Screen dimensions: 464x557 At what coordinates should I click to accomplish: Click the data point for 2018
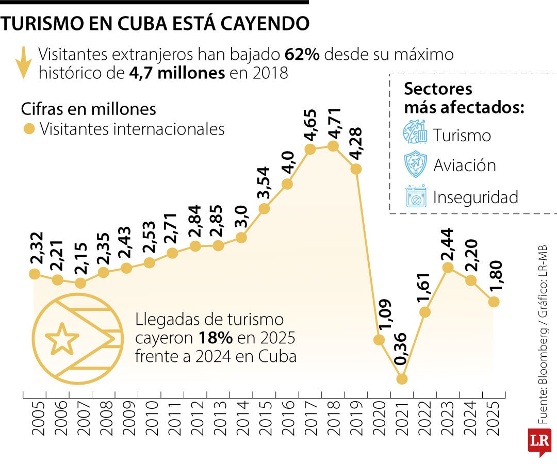point(333,146)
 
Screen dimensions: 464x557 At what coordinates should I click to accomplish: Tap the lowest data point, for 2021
point(402,378)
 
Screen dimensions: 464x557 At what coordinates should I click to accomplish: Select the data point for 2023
point(448,268)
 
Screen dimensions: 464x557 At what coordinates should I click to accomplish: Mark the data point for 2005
point(35,274)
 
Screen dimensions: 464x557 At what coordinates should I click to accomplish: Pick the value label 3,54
point(264,183)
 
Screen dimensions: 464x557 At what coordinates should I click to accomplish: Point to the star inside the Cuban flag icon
point(62,339)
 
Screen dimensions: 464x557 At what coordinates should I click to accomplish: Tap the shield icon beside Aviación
point(416,165)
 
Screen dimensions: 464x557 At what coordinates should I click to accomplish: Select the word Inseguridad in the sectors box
point(476,197)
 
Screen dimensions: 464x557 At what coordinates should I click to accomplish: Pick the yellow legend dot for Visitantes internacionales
point(29,128)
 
